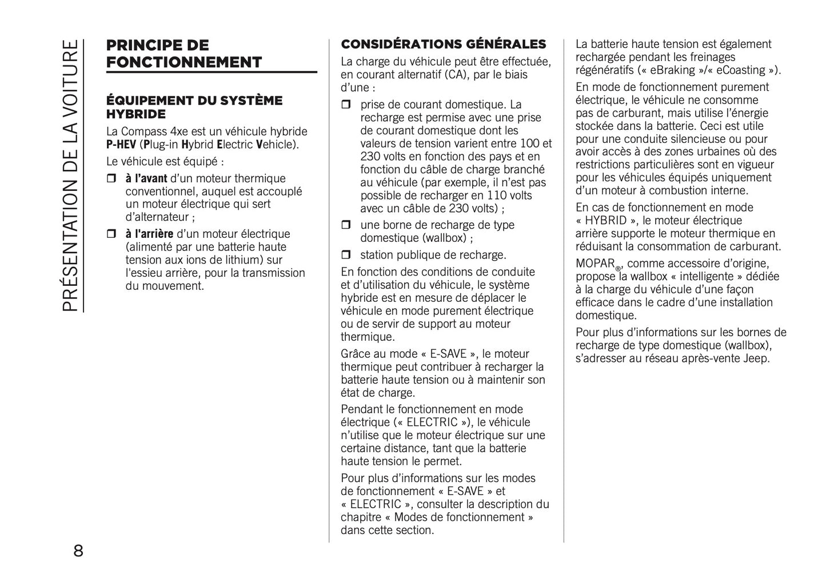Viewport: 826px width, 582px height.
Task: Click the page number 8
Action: tap(78, 551)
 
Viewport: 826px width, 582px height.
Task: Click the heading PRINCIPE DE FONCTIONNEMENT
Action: tap(184, 54)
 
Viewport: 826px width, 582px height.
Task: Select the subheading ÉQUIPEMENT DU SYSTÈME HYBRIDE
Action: tap(194, 107)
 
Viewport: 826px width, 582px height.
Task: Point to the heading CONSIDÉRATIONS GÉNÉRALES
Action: tap(444, 44)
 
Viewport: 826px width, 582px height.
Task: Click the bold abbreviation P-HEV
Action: tap(121, 144)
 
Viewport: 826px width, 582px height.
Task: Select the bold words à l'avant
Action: tap(146, 178)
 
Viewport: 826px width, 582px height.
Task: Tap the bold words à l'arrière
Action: tap(149, 234)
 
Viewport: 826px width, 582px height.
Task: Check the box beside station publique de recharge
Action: tap(346, 255)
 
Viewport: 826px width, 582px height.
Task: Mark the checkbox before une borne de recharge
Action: tap(346, 225)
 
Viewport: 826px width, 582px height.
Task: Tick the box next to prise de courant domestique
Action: tap(346, 105)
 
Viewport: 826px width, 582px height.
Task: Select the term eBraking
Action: tap(670, 70)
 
